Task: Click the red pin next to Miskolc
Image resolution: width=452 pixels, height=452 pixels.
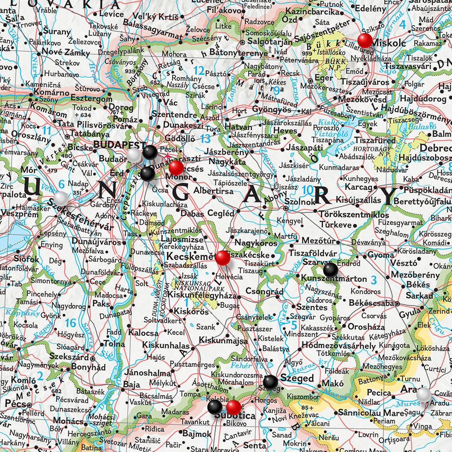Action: pos(365,40)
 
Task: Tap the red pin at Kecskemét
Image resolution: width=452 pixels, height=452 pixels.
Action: pos(222,257)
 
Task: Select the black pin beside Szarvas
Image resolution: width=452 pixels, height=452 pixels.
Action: pos(330,269)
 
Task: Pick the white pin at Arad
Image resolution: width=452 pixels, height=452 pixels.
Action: pos(424,394)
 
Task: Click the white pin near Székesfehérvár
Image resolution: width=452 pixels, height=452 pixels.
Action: pos(61,198)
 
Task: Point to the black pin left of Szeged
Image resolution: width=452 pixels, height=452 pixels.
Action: pos(270,382)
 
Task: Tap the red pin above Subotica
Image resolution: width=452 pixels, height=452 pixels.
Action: pos(234,407)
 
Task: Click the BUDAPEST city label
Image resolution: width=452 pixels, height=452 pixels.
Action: pos(120,145)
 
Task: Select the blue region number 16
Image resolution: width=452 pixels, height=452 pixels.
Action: pos(71,323)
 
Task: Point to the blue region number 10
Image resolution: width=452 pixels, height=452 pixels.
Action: pos(308,190)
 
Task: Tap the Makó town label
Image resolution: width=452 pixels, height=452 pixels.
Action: pos(332,384)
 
